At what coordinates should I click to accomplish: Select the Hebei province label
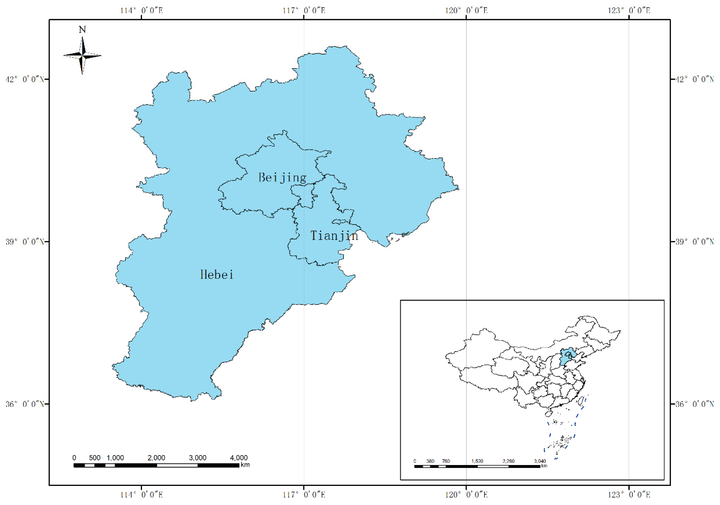[x=217, y=275]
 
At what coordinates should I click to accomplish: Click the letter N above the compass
[x=82, y=30]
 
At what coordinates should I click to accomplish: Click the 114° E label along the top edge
[x=141, y=11]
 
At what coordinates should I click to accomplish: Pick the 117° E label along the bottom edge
[x=304, y=495]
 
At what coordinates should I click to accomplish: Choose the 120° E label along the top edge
[x=466, y=11]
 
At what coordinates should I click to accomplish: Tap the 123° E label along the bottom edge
[x=629, y=495]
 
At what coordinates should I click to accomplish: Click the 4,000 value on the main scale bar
[x=239, y=458]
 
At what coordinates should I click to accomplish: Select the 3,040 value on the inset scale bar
[x=540, y=461]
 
